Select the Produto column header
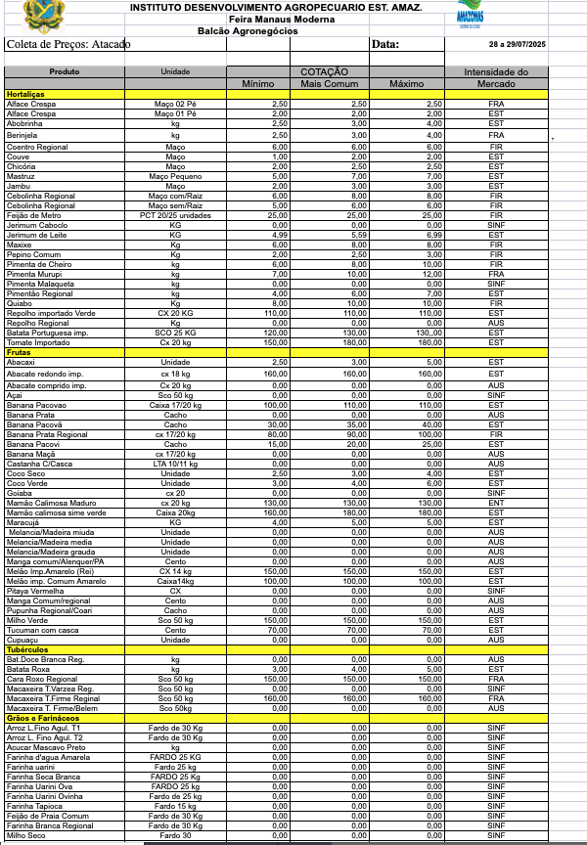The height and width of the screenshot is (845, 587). [x=65, y=72]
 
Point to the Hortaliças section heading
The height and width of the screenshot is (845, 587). [x=26, y=94]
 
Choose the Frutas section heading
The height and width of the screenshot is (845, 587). [x=20, y=352]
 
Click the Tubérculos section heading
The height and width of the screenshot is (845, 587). [x=27, y=649]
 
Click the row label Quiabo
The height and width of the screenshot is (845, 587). [x=19, y=302]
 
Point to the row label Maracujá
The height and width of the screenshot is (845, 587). [x=23, y=521]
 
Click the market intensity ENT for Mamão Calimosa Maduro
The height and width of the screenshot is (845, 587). [x=496, y=504]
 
